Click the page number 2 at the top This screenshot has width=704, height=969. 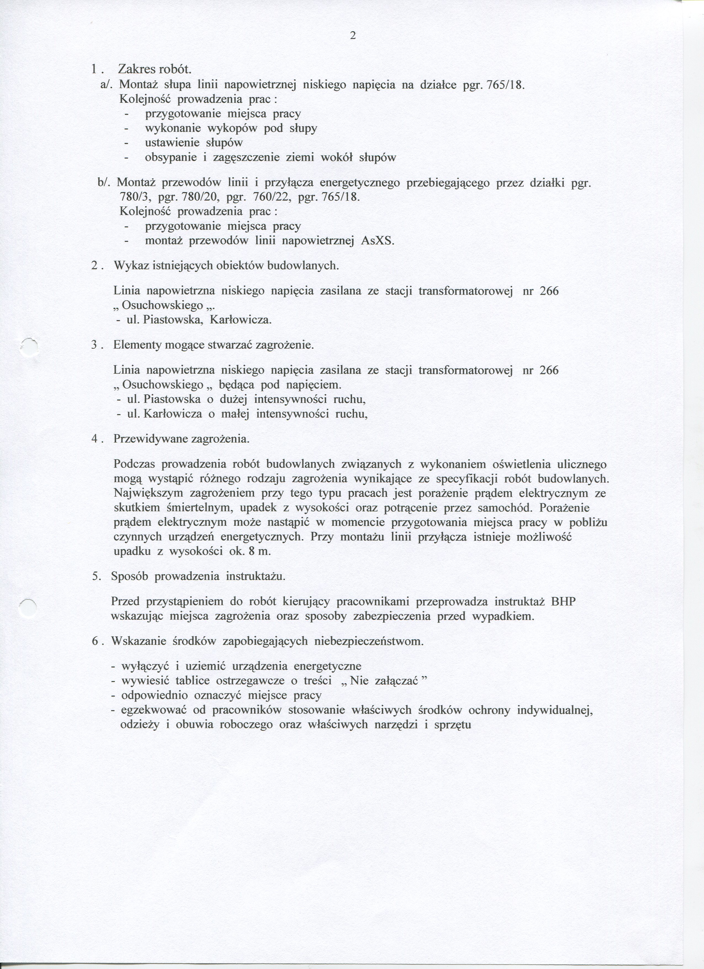353,36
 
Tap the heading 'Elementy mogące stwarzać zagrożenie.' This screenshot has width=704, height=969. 214,345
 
